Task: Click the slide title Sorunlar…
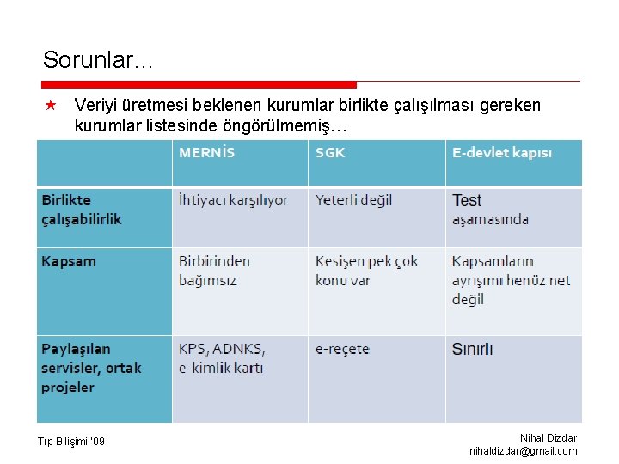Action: pyautogui.click(x=98, y=60)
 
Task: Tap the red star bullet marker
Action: pyautogui.click(x=51, y=106)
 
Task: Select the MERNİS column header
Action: pyautogui.click(x=206, y=153)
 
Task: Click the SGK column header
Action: pyautogui.click(x=330, y=153)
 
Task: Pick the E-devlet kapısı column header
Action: pyautogui.click(x=502, y=153)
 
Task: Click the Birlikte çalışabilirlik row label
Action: pyautogui.click(x=82, y=210)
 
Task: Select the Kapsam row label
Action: pyautogui.click(x=69, y=261)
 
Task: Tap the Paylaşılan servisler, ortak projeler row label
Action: pyautogui.click(x=91, y=368)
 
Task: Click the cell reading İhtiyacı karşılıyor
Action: pyautogui.click(x=233, y=200)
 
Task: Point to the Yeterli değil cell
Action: pyautogui.click(x=353, y=200)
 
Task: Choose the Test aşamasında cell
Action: pyautogui.click(x=490, y=210)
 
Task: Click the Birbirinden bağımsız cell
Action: pyautogui.click(x=214, y=271)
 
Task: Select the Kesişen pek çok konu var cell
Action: pyautogui.click(x=366, y=271)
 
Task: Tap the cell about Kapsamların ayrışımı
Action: pyautogui.click(x=511, y=280)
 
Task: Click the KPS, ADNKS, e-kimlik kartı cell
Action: pyautogui.click(x=222, y=358)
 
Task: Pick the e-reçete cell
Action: pyautogui.click(x=342, y=350)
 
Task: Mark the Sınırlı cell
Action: pyautogui.click(x=472, y=350)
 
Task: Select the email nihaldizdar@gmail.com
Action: pyautogui.click(x=523, y=451)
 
